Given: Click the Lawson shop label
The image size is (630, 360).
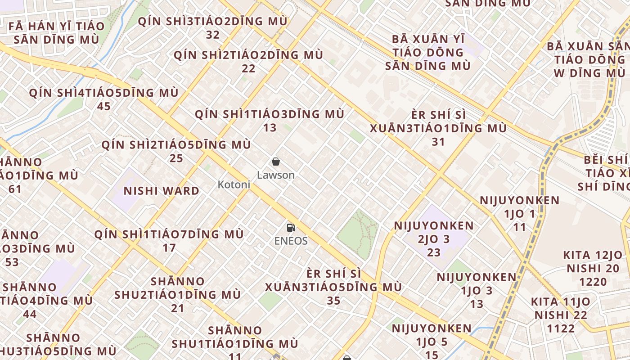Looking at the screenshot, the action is click(276, 175).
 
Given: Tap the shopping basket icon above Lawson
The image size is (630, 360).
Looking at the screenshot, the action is click(276, 162).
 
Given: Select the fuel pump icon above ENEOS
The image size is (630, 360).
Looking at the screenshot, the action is click(291, 228).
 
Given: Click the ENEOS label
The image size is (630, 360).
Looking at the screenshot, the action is click(291, 241).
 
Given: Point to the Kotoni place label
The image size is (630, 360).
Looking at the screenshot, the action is click(234, 184).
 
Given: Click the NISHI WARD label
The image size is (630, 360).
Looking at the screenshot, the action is click(162, 191).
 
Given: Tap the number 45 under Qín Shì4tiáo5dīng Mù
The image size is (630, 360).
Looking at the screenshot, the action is click(104, 107).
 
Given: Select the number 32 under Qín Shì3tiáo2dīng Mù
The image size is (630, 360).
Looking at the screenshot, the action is click(212, 35).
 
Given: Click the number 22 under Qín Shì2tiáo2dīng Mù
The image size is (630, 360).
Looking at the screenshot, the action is click(248, 68).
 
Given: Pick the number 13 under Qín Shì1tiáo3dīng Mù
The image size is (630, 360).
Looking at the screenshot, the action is click(270, 128).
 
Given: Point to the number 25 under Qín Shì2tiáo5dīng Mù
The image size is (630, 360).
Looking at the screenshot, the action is click(176, 158).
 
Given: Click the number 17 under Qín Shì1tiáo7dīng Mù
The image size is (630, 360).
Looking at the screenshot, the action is click(169, 248).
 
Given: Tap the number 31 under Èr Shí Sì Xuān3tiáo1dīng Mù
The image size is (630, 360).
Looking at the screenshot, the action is click(438, 142).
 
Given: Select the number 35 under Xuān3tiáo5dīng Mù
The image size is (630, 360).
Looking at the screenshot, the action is click(333, 301).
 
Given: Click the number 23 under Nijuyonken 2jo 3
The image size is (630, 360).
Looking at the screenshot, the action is click(434, 252).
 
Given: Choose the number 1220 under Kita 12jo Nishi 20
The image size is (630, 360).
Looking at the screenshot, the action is click(593, 282).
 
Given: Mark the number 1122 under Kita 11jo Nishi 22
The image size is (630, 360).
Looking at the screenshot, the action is click(561, 328).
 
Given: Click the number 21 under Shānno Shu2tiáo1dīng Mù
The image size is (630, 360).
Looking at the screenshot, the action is click(177, 309).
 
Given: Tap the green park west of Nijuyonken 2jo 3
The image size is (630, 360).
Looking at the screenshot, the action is click(358, 234).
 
